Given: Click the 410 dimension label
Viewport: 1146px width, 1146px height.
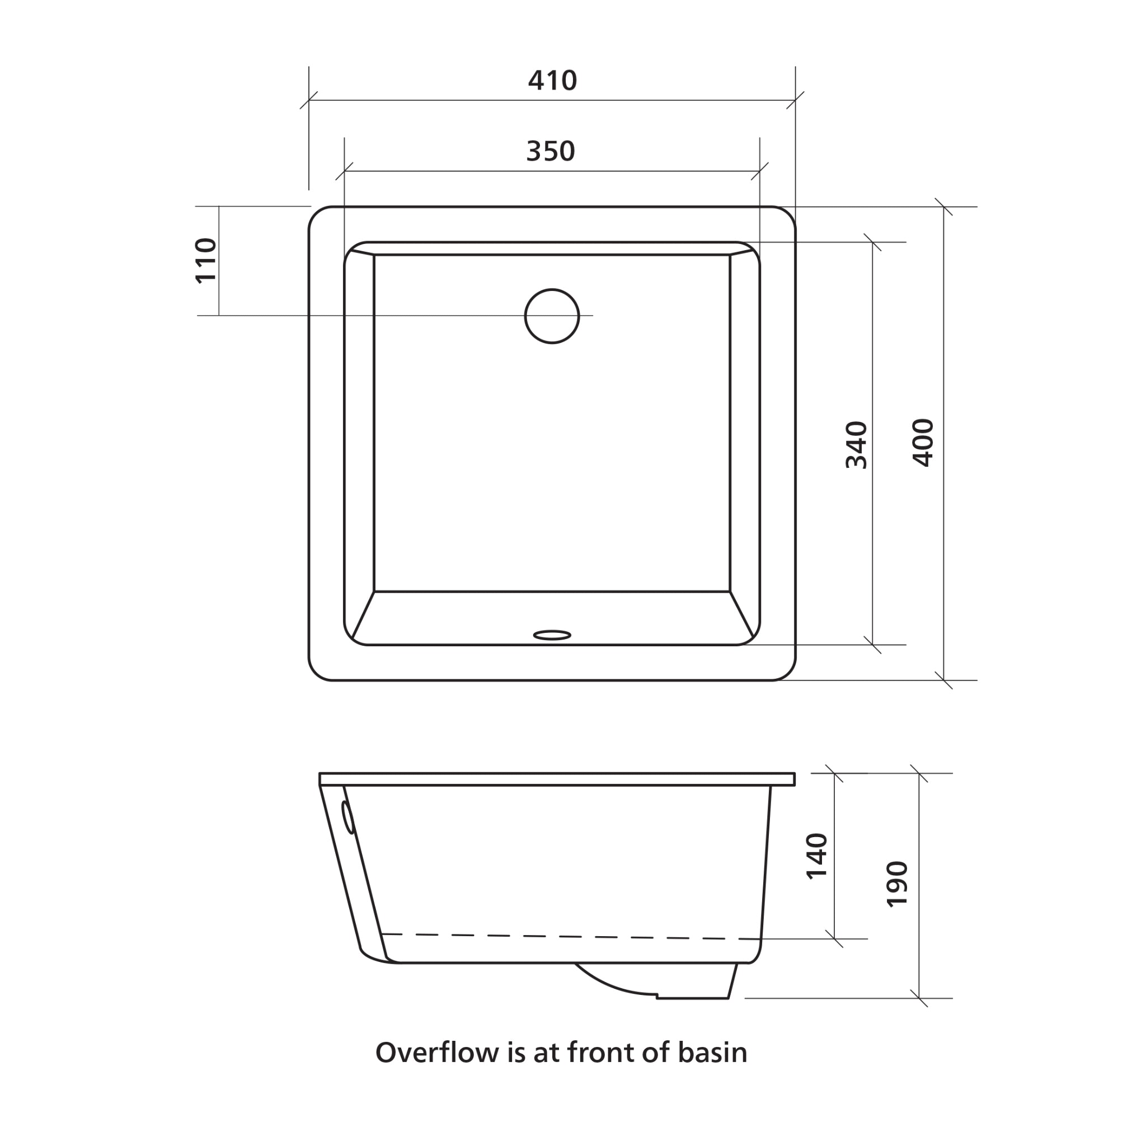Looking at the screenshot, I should pyautogui.click(x=552, y=81).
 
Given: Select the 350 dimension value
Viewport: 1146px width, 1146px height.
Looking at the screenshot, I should pyautogui.click(x=551, y=151).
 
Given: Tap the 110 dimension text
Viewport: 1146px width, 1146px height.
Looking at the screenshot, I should pyautogui.click(x=206, y=260).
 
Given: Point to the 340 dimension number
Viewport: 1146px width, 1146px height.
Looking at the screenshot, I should pyautogui.click(x=856, y=445).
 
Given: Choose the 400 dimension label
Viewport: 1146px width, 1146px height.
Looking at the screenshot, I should pyautogui.click(x=922, y=443).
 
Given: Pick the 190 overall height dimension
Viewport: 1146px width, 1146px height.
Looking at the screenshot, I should pyautogui.click(x=897, y=884).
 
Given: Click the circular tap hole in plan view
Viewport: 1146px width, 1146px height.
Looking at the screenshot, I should pyautogui.click(x=552, y=316).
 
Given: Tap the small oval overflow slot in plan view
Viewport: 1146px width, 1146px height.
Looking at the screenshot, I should pyautogui.click(x=552, y=635).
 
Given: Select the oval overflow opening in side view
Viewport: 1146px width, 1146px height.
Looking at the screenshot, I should pyautogui.click(x=348, y=817).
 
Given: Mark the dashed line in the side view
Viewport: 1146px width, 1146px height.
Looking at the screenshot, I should pyautogui.click(x=570, y=937).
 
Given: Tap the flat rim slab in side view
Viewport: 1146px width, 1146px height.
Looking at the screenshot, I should pyautogui.click(x=556, y=779).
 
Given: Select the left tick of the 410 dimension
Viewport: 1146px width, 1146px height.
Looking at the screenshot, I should pyautogui.click(x=309, y=100).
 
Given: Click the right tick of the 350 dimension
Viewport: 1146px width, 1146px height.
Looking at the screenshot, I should pyautogui.click(x=760, y=171).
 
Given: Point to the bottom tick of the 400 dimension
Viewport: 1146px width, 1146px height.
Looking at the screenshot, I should pyautogui.click(x=944, y=680).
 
